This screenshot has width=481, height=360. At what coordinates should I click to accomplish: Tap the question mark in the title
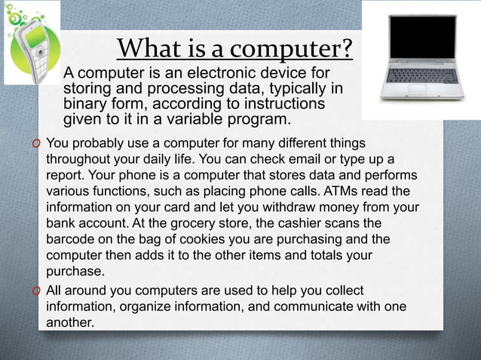345,49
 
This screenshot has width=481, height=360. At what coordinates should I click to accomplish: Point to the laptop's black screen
422,36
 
